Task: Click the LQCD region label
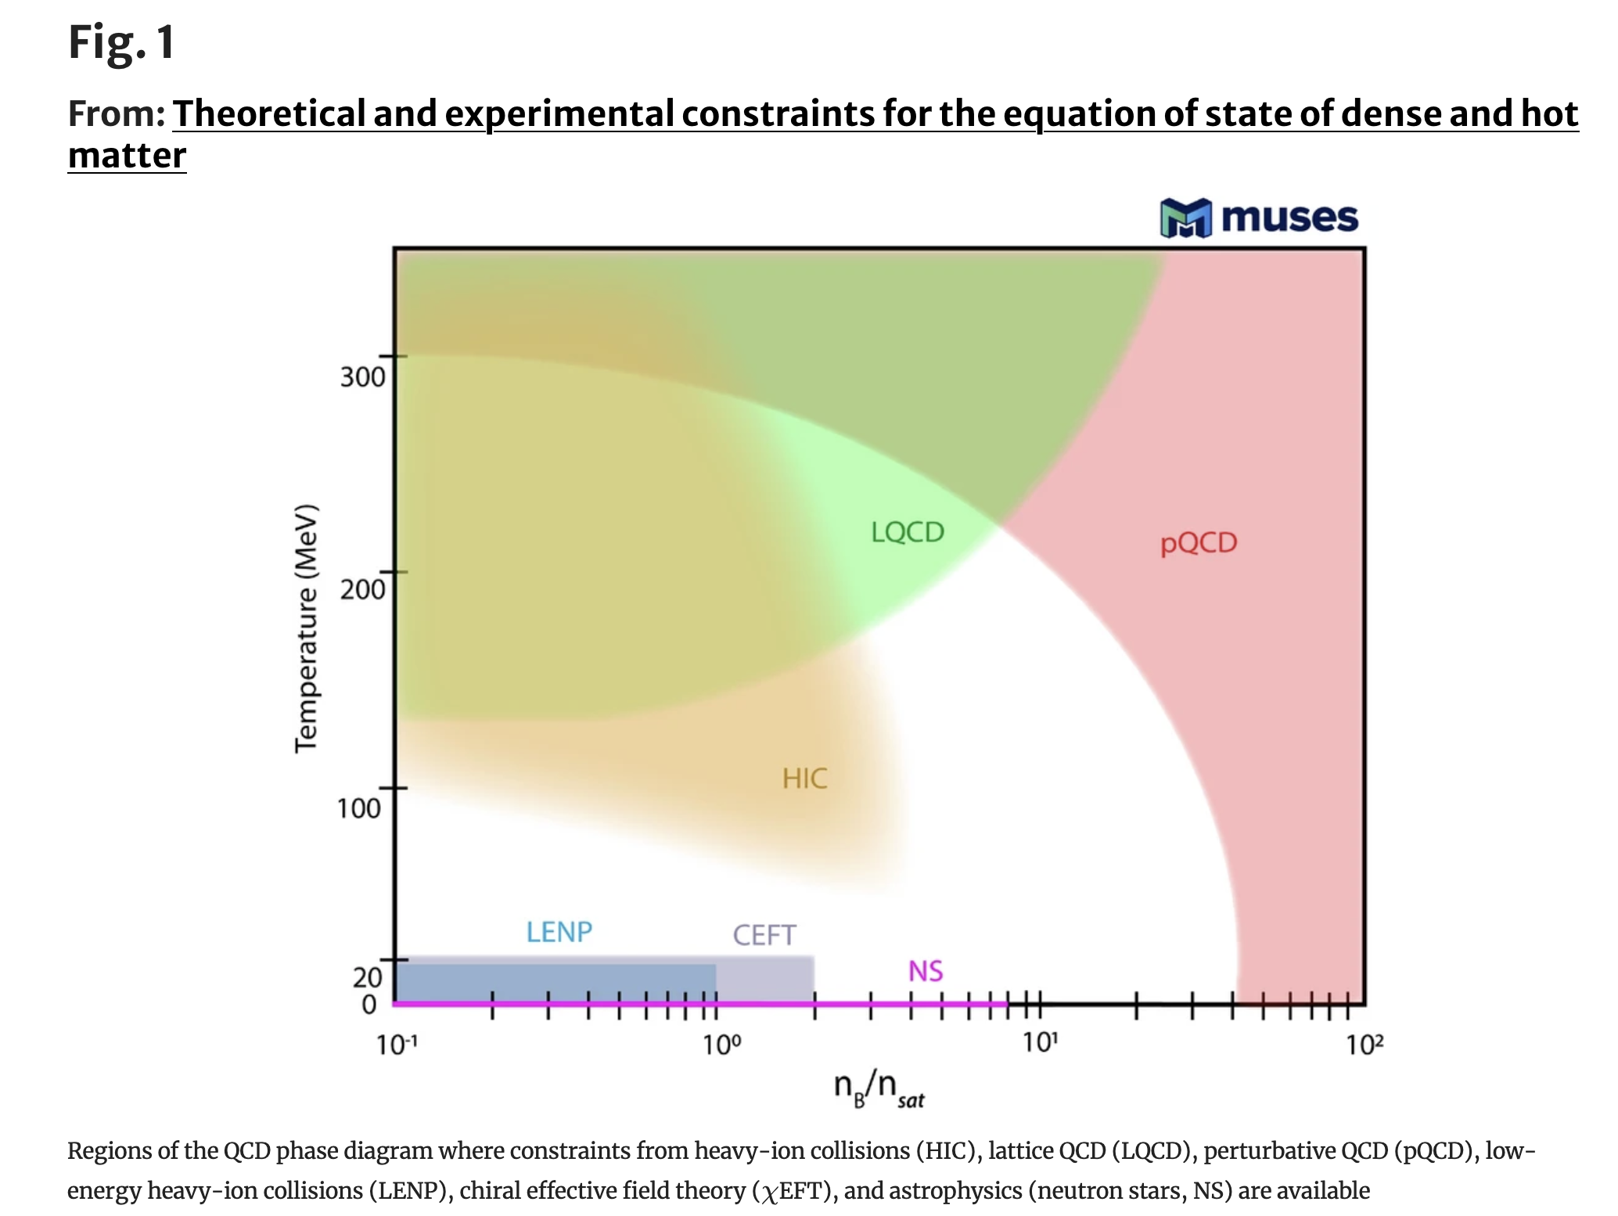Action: coord(908,532)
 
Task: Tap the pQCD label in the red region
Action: coord(1199,543)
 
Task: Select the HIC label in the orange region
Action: coord(804,779)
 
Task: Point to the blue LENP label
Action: coord(559,932)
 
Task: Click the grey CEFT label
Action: coord(764,935)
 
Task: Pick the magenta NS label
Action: coord(926,971)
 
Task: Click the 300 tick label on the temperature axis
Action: coord(362,377)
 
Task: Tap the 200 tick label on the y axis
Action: coord(362,589)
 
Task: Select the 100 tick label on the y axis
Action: coord(359,808)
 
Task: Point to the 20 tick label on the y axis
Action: coord(367,977)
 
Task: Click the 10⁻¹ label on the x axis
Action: coord(397,1045)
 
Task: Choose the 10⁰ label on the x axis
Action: coord(721,1045)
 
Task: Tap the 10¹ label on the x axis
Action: coord(1041,1043)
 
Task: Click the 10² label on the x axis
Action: coord(1365,1045)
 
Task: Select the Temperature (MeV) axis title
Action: coord(306,628)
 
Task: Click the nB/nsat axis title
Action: coord(879,1088)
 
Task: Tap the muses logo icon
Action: coord(1185,218)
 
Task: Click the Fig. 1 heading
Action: coord(121,42)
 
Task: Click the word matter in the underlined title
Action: coord(127,155)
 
